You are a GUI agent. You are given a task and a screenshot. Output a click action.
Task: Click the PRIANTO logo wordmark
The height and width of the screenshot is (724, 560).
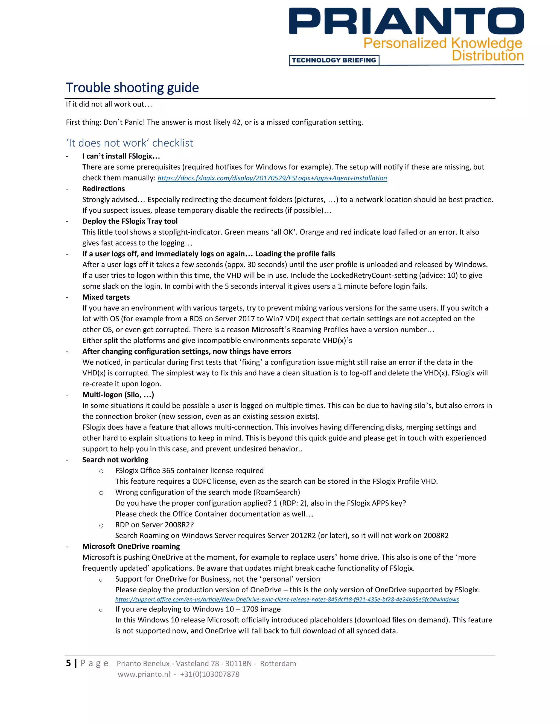point(406,22)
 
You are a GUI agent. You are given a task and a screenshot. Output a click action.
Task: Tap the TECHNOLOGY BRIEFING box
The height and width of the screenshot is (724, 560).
point(334,60)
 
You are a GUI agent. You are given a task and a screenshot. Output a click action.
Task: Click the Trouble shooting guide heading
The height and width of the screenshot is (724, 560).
point(132,88)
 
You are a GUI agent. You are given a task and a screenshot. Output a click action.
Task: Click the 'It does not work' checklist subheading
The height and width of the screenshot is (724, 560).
point(129,143)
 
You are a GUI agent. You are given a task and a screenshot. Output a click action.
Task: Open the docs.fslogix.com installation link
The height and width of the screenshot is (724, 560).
point(272,178)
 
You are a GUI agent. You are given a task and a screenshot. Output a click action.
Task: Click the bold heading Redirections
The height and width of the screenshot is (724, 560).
point(104,189)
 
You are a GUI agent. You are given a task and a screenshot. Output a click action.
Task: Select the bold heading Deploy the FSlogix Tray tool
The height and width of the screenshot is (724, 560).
point(130,221)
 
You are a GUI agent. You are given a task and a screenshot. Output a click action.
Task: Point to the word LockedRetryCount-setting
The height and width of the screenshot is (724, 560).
point(377,275)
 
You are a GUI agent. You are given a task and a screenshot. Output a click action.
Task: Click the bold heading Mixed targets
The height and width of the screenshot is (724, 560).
point(106,297)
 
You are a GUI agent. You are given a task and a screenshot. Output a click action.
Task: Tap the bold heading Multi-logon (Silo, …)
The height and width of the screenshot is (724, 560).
point(118,395)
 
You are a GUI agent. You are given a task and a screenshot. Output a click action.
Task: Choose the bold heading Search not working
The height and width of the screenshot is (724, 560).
point(115,460)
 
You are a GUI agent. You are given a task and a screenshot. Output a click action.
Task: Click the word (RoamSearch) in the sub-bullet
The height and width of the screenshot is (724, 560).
point(278,492)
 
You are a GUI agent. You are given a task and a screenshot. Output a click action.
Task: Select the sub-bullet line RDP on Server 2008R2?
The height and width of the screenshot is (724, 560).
point(154,525)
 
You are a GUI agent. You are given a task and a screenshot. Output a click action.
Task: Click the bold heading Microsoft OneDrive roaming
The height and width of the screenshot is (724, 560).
point(131,546)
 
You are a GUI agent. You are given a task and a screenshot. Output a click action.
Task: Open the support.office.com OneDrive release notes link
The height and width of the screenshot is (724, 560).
point(287,599)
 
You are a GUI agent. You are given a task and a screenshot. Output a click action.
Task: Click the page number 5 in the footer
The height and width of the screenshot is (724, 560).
point(68,663)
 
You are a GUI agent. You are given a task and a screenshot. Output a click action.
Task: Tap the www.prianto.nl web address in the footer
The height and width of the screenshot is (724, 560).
point(144,674)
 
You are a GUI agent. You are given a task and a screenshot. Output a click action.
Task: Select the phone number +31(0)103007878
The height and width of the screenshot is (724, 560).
point(209,674)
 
